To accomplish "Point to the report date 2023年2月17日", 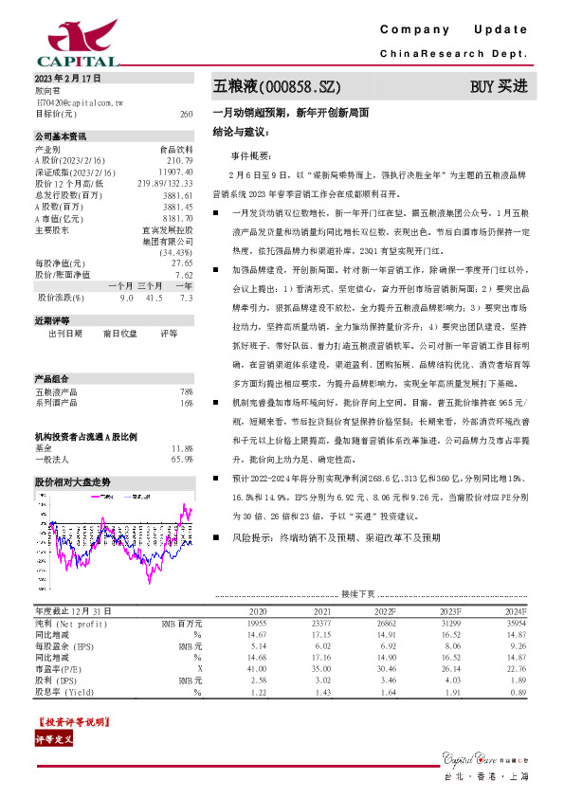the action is (x=66, y=78).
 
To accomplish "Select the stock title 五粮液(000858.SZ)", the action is (x=276, y=87).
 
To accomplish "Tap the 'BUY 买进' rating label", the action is (x=499, y=87).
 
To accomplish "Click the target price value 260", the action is (x=186, y=114).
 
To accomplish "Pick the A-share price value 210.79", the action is (x=180, y=161).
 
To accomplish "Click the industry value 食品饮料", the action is (x=176, y=150).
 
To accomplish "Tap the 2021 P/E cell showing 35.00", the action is (x=322, y=667).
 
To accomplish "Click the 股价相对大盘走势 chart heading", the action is (x=73, y=482).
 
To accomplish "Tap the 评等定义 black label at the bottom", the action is (x=54, y=739).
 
